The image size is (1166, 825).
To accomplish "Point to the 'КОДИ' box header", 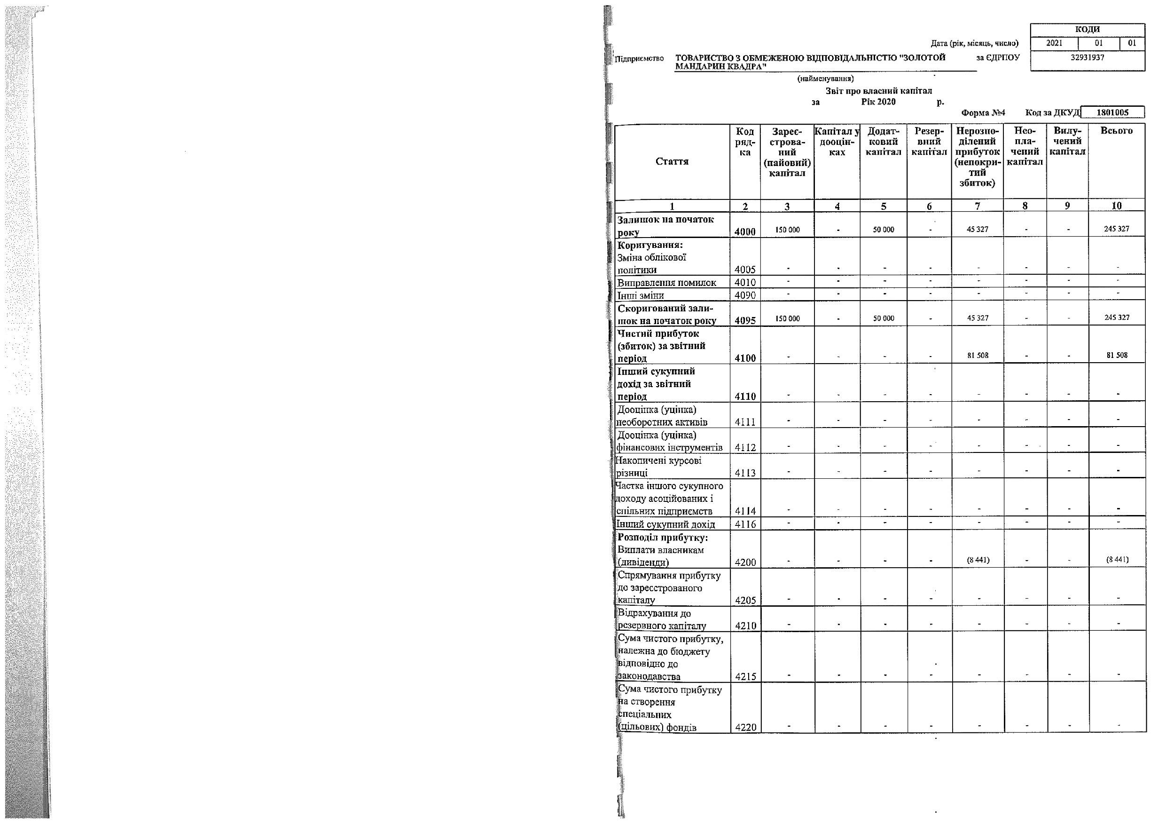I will [x=1088, y=30].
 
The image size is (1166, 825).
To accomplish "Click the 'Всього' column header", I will [x=1116, y=131].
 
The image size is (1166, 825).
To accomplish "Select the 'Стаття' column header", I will [x=672, y=162].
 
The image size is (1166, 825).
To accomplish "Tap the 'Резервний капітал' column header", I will [x=929, y=141].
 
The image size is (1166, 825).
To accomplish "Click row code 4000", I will [x=745, y=232].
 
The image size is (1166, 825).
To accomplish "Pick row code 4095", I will [x=745, y=320].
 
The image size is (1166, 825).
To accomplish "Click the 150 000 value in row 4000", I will [x=787, y=230].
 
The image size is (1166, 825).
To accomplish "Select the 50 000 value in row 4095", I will [x=883, y=318].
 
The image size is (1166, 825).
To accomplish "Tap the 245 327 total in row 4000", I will [x=1116, y=229].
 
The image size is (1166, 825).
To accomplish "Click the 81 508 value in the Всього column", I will [x=1117, y=355].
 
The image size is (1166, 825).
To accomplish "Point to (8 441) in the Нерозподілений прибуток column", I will [x=978, y=560].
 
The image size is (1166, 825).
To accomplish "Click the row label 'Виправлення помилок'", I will [x=667, y=283].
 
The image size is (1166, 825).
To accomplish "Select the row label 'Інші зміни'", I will [x=641, y=295].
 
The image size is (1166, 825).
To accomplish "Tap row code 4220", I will [x=745, y=727].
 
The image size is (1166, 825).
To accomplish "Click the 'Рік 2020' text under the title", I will [x=878, y=102].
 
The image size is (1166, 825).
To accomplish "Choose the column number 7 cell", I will [x=977, y=206].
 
